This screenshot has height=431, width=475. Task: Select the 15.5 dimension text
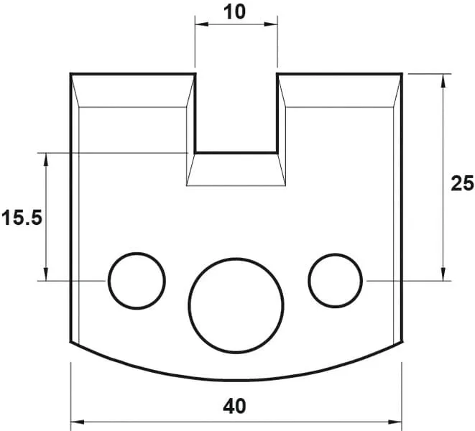22,218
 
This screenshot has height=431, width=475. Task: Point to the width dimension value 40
234,406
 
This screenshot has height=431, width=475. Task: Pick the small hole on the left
137,280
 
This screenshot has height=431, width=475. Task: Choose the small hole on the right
335,279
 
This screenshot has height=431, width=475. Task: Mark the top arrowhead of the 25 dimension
443,78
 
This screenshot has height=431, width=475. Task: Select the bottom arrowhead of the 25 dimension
443,275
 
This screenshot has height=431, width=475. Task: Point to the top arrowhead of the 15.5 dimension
47,157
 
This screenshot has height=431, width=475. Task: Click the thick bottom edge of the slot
236,152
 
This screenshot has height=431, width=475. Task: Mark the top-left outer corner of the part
70,73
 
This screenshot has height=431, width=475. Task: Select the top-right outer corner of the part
401,73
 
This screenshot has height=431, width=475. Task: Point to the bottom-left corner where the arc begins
70,342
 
